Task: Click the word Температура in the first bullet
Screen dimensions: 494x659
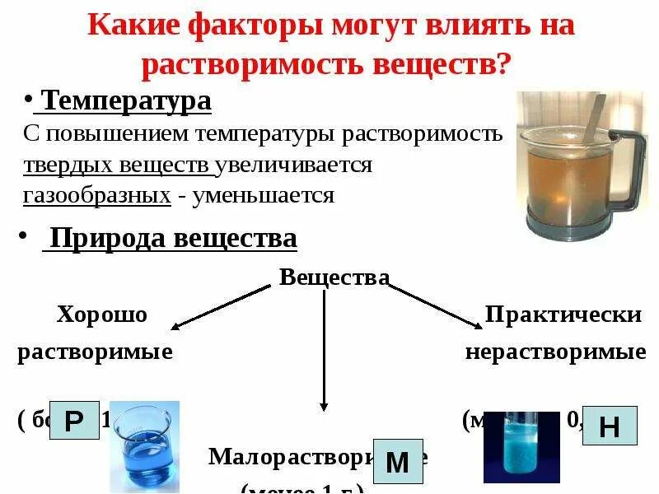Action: point(126,101)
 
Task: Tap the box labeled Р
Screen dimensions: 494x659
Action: point(74,422)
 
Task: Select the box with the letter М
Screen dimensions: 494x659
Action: point(398,462)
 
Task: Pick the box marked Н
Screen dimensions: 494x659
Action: point(610,426)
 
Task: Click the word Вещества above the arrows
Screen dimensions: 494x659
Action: point(334,277)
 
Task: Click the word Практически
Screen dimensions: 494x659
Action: point(563,315)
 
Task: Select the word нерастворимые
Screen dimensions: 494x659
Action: point(555,352)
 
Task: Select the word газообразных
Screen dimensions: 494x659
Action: point(97,196)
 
